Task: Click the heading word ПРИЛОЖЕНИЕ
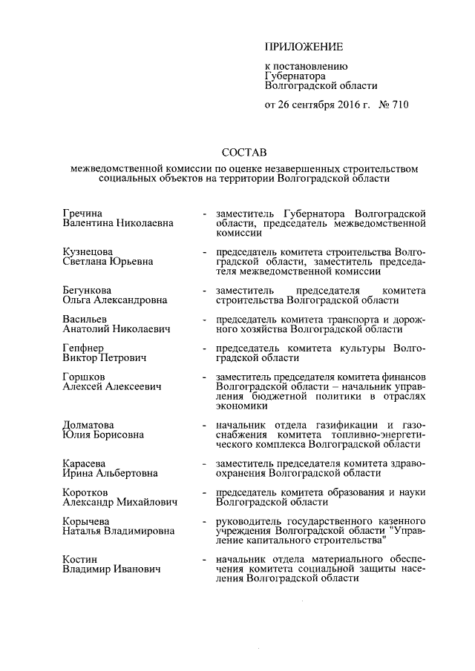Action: click(x=304, y=47)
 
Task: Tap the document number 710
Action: click(x=397, y=105)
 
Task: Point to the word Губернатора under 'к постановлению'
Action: click(x=295, y=76)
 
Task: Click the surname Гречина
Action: click(x=82, y=213)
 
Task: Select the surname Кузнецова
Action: click(x=88, y=252)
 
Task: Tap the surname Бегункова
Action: click(x=88, y=291)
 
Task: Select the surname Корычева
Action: click(x=87, y=522)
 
